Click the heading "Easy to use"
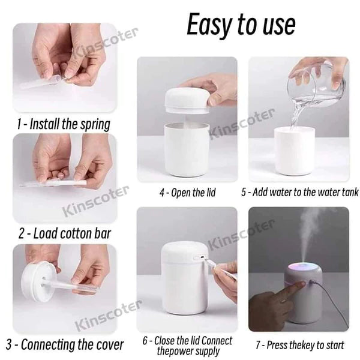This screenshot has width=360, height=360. tap(241, 25)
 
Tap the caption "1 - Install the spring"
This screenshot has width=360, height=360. tap(64, 124)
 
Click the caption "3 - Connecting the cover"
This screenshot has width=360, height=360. tap(64, 344)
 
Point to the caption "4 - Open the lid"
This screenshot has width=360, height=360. tap(187, 193)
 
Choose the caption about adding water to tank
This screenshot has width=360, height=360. tap(299, 193)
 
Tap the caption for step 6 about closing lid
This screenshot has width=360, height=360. tap(187, 345)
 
